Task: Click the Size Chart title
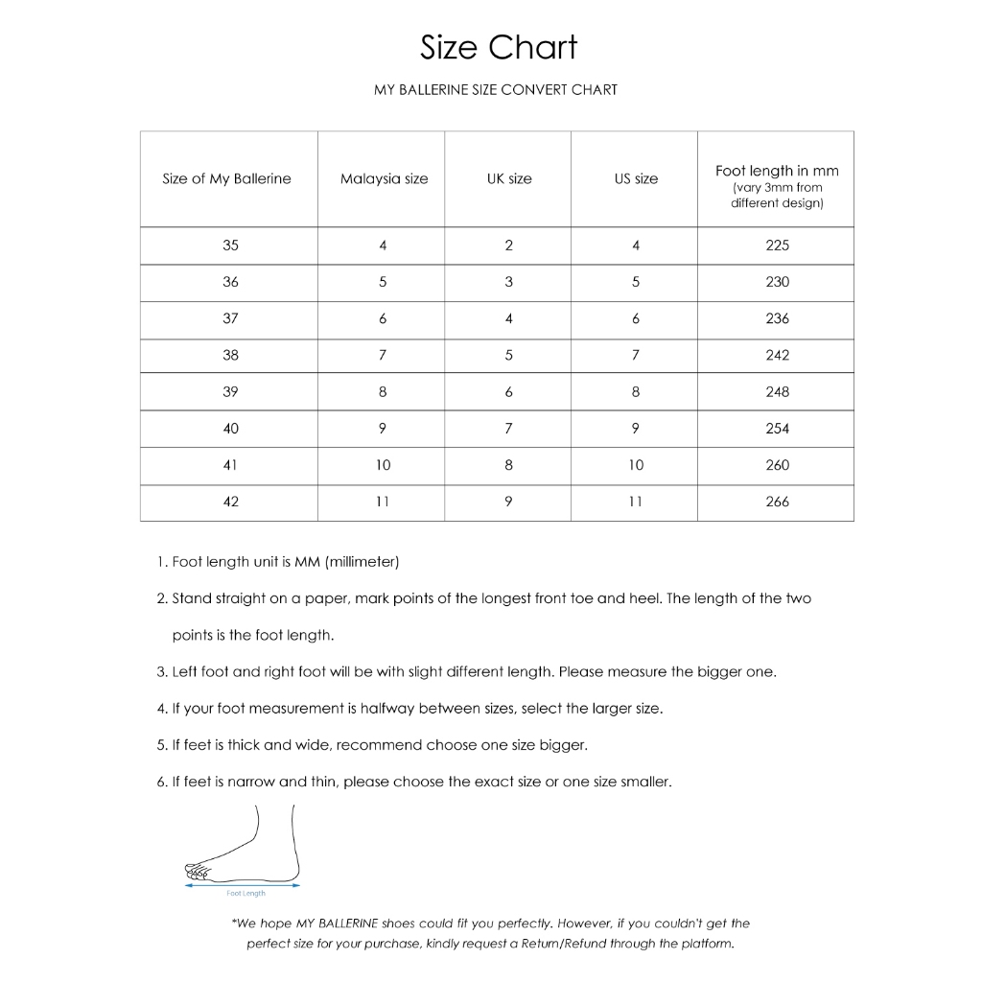pos(499,47)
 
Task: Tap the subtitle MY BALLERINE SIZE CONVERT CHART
pos(496,90)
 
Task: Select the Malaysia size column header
pos(384,179)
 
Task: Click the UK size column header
pos(508,179)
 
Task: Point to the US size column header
pos(636,179)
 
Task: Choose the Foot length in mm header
pos(777,172)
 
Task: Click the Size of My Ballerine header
pos(226,179)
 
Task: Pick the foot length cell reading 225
pos(777,245)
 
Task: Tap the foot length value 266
pos(777,502)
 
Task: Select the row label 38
pos(230,355)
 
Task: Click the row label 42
pos(230,502)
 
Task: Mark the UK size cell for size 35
pos(508,245)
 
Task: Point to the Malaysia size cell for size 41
pos(383,465)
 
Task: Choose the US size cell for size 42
pos(635,502)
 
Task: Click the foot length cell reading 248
pos(777,392)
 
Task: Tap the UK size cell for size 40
pos(508,429)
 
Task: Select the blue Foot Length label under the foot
pos(246,894)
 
